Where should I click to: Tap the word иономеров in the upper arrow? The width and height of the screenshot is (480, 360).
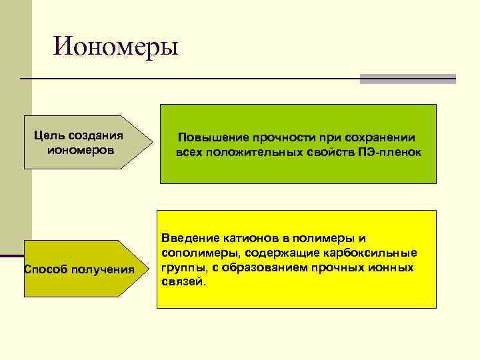[x=81, y=151]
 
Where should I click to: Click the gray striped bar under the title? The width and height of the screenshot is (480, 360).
[x=407, y=79]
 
